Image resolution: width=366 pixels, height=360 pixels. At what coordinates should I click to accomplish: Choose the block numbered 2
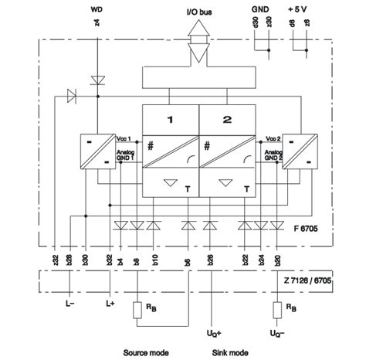click(x=228, y=119)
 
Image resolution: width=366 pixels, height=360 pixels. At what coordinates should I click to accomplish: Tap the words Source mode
click(x=146, y=352)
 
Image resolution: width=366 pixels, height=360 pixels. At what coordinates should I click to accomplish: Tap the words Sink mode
click(x=231, y=352)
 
